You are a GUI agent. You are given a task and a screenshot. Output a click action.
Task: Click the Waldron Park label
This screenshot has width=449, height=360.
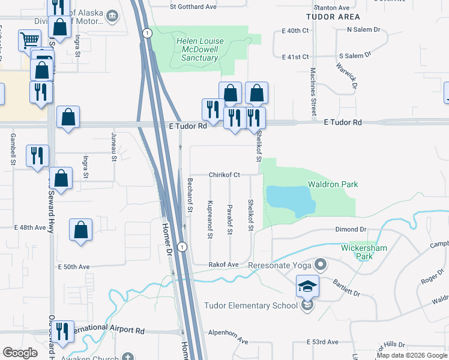tap(333, 184)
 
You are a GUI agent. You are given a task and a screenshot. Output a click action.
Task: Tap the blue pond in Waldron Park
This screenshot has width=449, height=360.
tap(289, 200)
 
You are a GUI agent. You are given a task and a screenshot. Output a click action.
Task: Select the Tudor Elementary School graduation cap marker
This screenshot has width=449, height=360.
tap(307, 287)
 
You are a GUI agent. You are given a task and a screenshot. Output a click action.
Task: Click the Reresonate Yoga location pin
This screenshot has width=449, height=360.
tap(321, 264)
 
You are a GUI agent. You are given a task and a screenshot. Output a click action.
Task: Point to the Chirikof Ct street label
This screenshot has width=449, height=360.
tap(224, 175)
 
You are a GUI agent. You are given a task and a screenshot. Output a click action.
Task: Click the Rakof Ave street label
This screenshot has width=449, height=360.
tap(223, 265)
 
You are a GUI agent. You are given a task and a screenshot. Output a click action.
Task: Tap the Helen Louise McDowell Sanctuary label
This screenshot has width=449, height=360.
tap(199, 50)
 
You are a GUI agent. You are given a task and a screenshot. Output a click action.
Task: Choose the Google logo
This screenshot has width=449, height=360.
tap(20, 353)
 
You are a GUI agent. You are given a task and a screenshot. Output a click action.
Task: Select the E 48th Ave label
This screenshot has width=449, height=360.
tap(30, 228)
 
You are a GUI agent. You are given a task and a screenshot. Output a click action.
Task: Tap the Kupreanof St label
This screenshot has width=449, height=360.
tap(210, 220)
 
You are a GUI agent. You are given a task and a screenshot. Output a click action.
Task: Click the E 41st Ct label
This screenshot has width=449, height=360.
tap(295, 57)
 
